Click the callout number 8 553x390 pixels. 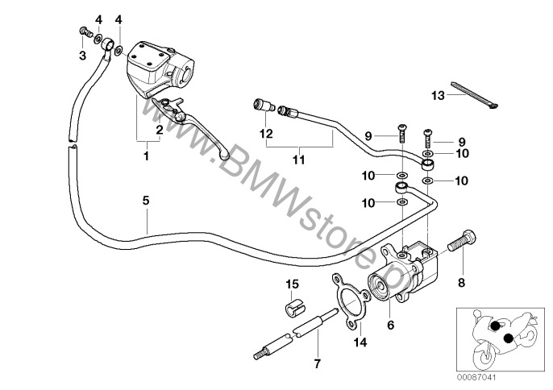pyautogui.click(x=462, y=283)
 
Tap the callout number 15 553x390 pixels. pyautogui.click(x=292, y=284)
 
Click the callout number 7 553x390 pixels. pyautogui.click(x=316, y=363)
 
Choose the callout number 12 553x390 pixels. pyautogui.click(x=267, y=133)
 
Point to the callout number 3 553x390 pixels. pyautogui.click(x=81, y=55)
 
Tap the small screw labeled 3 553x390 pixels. pyautogui.click(x=84, y=31)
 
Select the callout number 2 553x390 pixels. pyautogui.click(x=160, y=129)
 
